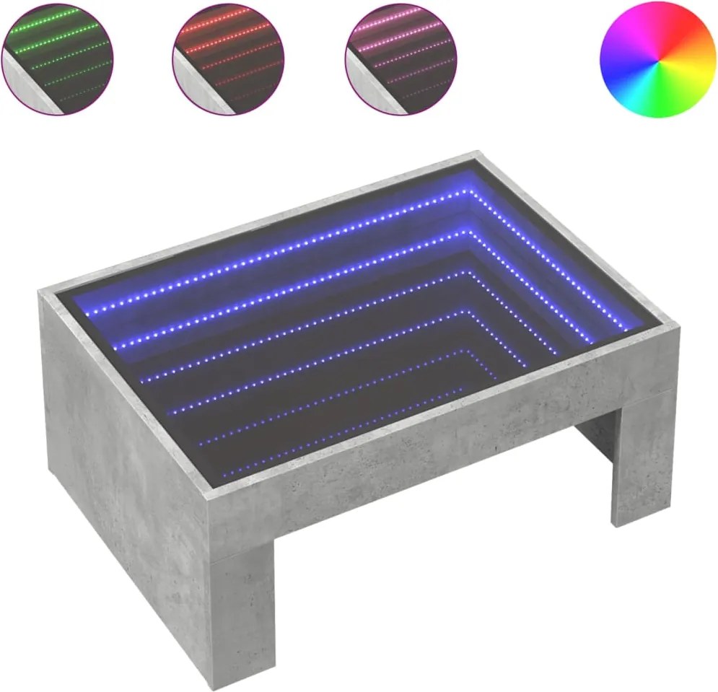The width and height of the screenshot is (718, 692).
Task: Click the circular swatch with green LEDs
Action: coord(57,58)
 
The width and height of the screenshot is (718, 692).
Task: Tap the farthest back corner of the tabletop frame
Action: coord(477,154)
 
